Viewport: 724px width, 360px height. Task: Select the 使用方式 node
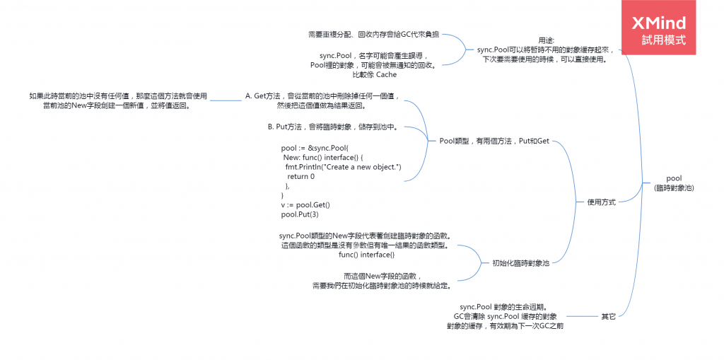601,202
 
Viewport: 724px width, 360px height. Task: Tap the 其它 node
608,316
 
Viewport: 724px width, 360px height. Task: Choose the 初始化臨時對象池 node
520,263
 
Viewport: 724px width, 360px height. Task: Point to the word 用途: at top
547,40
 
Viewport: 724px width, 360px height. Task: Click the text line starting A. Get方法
322,95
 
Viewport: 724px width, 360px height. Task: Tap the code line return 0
301,176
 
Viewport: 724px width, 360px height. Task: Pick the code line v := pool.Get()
305,204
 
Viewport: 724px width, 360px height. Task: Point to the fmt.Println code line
343,167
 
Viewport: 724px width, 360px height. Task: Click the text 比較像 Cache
374,74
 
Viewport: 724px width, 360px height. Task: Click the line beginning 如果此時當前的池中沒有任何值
118,95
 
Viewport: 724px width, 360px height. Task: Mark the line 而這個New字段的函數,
383,276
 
